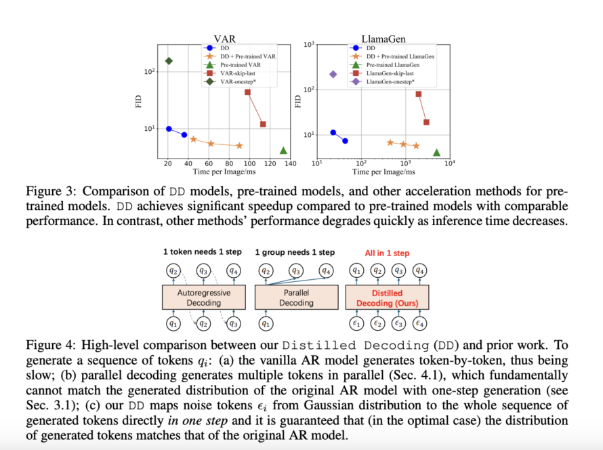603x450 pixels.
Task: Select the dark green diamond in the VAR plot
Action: [169, 61]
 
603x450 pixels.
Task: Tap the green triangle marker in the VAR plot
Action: [283, 150]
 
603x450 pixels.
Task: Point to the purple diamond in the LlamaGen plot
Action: [333, 75]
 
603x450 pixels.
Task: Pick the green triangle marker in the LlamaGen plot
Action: [437, 153]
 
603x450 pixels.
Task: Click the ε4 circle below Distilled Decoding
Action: [420, 323]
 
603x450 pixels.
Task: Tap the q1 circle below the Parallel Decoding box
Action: [266, 323]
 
